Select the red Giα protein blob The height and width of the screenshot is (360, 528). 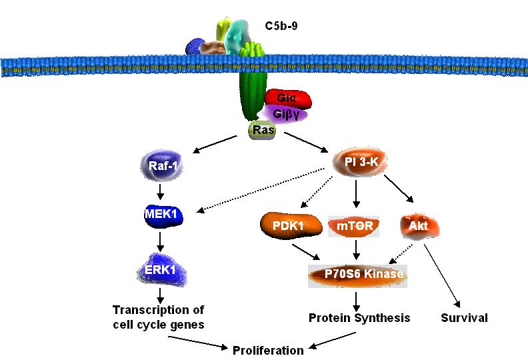pyautogui.click(x=288, y=99)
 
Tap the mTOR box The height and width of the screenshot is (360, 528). pyautogui.click(x=354, y=226)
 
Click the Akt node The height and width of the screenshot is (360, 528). pyautogui.click(x=419, y=226)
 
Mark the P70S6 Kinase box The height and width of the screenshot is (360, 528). pyautogui.click(x=357, y=274)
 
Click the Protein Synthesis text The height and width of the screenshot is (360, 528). pyautogui.click(x=359, y=317)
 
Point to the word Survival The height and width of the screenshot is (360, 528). pyautogui.click(x=464, y=317)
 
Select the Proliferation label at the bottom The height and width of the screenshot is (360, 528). pyautogui.click(x=267, y=349)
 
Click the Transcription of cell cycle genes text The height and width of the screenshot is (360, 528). pyautogui.click(x=158, y=317)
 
